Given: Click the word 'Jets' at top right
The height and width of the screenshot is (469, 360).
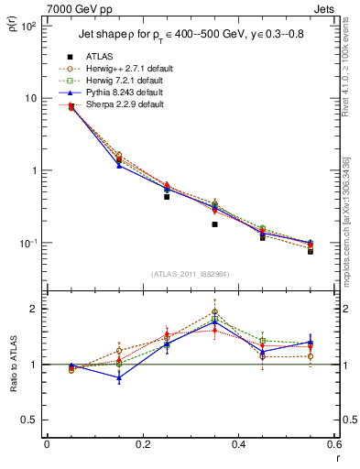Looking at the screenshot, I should (322, 7).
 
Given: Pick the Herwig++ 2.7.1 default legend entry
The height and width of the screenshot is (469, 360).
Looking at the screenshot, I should (125, 69).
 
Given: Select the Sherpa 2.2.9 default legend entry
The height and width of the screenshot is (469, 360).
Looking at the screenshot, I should (123, 104).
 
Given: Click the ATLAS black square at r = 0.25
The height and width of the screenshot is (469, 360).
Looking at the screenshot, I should (167, 197).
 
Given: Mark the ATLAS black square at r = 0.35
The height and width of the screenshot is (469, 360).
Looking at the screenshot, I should (214, 224).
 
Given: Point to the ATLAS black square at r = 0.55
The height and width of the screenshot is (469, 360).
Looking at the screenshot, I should (311, 250).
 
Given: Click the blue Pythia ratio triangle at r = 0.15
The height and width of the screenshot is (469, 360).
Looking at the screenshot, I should (119, 377).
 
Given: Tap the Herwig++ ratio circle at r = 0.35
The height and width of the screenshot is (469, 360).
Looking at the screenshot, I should (214, 311).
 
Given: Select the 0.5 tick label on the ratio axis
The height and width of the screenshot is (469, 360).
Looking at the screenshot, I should (29, 420).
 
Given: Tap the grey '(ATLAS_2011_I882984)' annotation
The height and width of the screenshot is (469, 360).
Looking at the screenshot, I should (190, 274).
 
